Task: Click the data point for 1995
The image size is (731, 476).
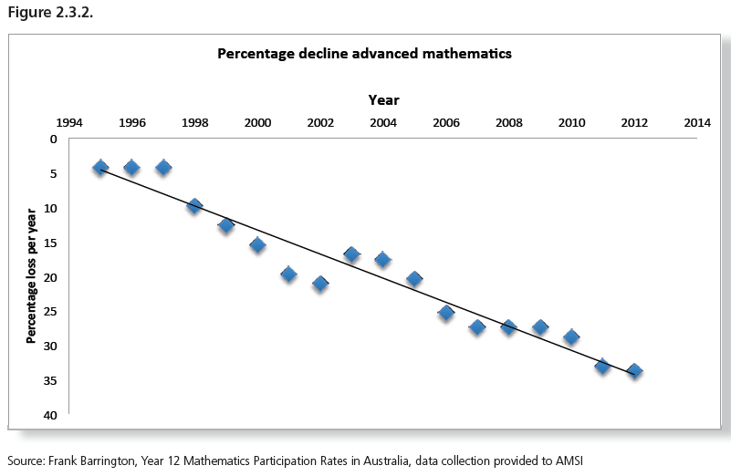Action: [x=100, y=168]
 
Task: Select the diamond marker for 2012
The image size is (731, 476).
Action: [x=634, y=371]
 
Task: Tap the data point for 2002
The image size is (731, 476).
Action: [x=320, y=284]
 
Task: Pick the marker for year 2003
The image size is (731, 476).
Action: [x=351, y=254]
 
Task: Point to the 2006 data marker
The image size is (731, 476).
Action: [x=446, y=313]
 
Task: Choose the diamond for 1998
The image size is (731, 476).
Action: [x=194, y=206]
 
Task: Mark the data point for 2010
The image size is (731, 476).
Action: [x=571, y=337]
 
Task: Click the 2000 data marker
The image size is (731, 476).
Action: [x=257, y=244]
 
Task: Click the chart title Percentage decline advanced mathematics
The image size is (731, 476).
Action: [x=364, y=54]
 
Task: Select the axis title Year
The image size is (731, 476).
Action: [x=383, y=99]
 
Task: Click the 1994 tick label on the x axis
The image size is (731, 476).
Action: [x=69, y=122]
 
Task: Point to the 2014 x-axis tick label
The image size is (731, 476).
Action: [x=697, y=122]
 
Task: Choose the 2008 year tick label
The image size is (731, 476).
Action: [x=509, y=122]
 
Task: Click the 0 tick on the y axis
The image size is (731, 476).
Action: [x=54, y=140]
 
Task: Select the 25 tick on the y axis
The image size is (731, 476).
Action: [x=51, y=312]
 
